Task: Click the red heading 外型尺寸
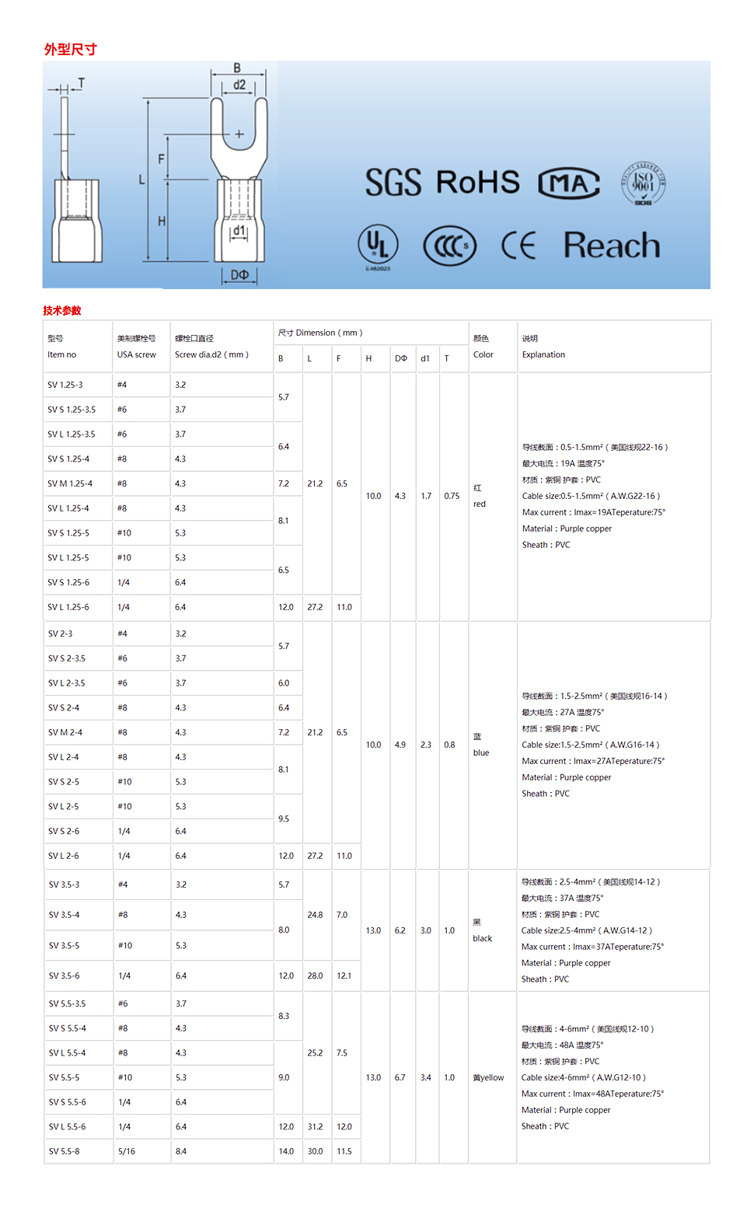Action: click(70, 49)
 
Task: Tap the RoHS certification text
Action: click(477, 182)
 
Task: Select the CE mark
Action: click(518, 246)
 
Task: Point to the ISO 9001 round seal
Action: click(643, 183)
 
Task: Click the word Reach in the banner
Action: click(612, 246)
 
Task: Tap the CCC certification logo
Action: click(449, 246)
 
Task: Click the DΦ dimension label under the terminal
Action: click(239, 275)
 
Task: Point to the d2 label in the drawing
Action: click(239, 85)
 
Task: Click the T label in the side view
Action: click(81, 82)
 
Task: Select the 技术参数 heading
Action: click(62, 310)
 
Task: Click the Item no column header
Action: click(62, 354)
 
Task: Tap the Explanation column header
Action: click(543, 354)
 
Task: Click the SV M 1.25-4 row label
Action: click(70, 483)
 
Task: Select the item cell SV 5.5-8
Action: click(64, 1151)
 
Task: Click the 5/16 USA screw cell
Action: click(127, 1151)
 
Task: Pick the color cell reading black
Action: click(483, 938)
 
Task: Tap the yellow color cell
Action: click(488, 1077)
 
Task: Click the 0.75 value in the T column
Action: click(452, 496)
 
